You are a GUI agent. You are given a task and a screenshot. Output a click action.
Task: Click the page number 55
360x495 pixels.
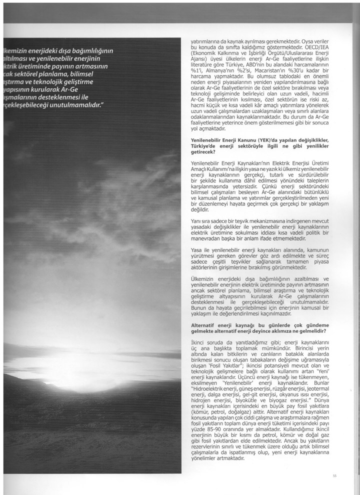click(x=334, y=475)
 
